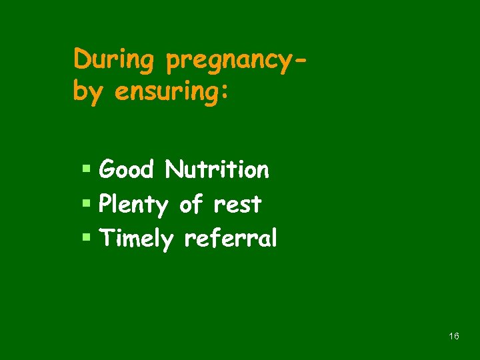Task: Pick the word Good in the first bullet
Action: coord(126,170)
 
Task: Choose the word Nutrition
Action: coord(217,170)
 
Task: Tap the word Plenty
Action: coord(133,205)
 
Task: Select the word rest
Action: coord(237,205)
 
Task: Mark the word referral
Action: coord(230,238)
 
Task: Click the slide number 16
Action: coord(454,337)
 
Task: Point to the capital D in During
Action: coord(82,59)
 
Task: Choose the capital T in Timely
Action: coord(106,238)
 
